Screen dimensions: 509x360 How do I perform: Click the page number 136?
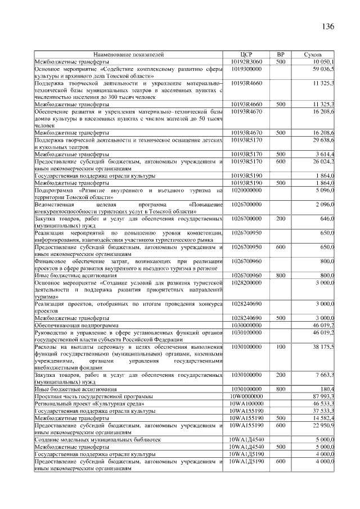[x=328, y=28]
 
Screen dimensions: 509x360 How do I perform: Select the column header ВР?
[x=281, y=55]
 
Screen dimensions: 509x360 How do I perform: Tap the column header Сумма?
[x=313, y=55]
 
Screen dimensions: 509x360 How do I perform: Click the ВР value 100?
[x=281, y=347]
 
